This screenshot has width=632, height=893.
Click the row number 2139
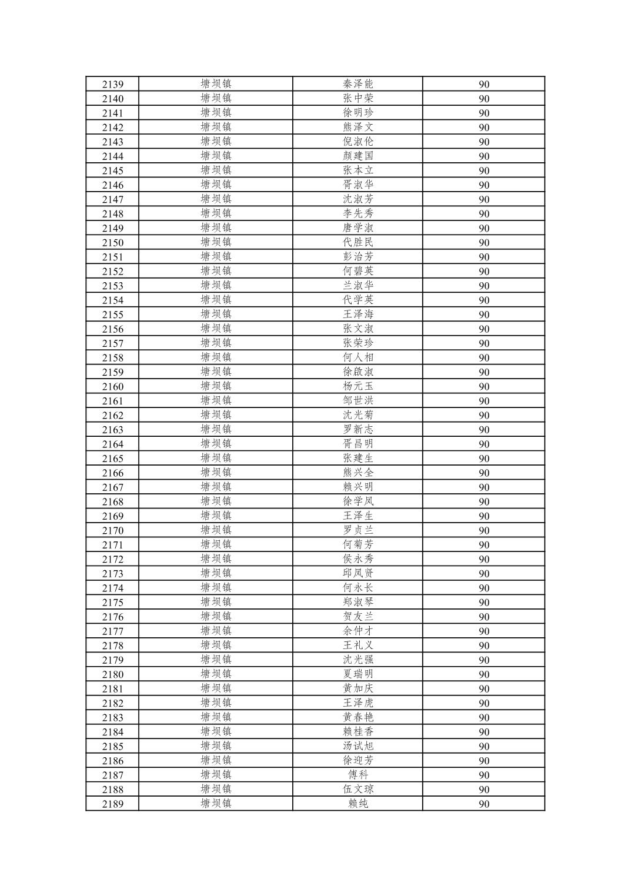112,84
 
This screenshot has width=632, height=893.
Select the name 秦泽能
357,84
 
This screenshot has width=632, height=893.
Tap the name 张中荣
357,98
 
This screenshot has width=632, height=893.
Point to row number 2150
112,242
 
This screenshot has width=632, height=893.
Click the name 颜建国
357,156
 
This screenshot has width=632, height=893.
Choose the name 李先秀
357,213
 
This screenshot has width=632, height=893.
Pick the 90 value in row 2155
483,315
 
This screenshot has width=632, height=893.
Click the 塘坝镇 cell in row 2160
216,386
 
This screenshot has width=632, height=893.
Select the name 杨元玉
357,386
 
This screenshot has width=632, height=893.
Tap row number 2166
112,473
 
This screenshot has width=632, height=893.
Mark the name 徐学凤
357,501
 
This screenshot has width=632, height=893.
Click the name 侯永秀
357,559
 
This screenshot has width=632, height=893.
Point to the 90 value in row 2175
483,603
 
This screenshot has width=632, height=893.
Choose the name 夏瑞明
357,674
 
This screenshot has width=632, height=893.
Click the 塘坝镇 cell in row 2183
216,717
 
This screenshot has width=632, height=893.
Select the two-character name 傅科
357,775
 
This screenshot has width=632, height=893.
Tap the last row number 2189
112,804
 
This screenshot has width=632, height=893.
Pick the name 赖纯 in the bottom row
357,804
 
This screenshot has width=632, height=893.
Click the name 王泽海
357,315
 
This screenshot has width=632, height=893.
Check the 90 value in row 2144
483,156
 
